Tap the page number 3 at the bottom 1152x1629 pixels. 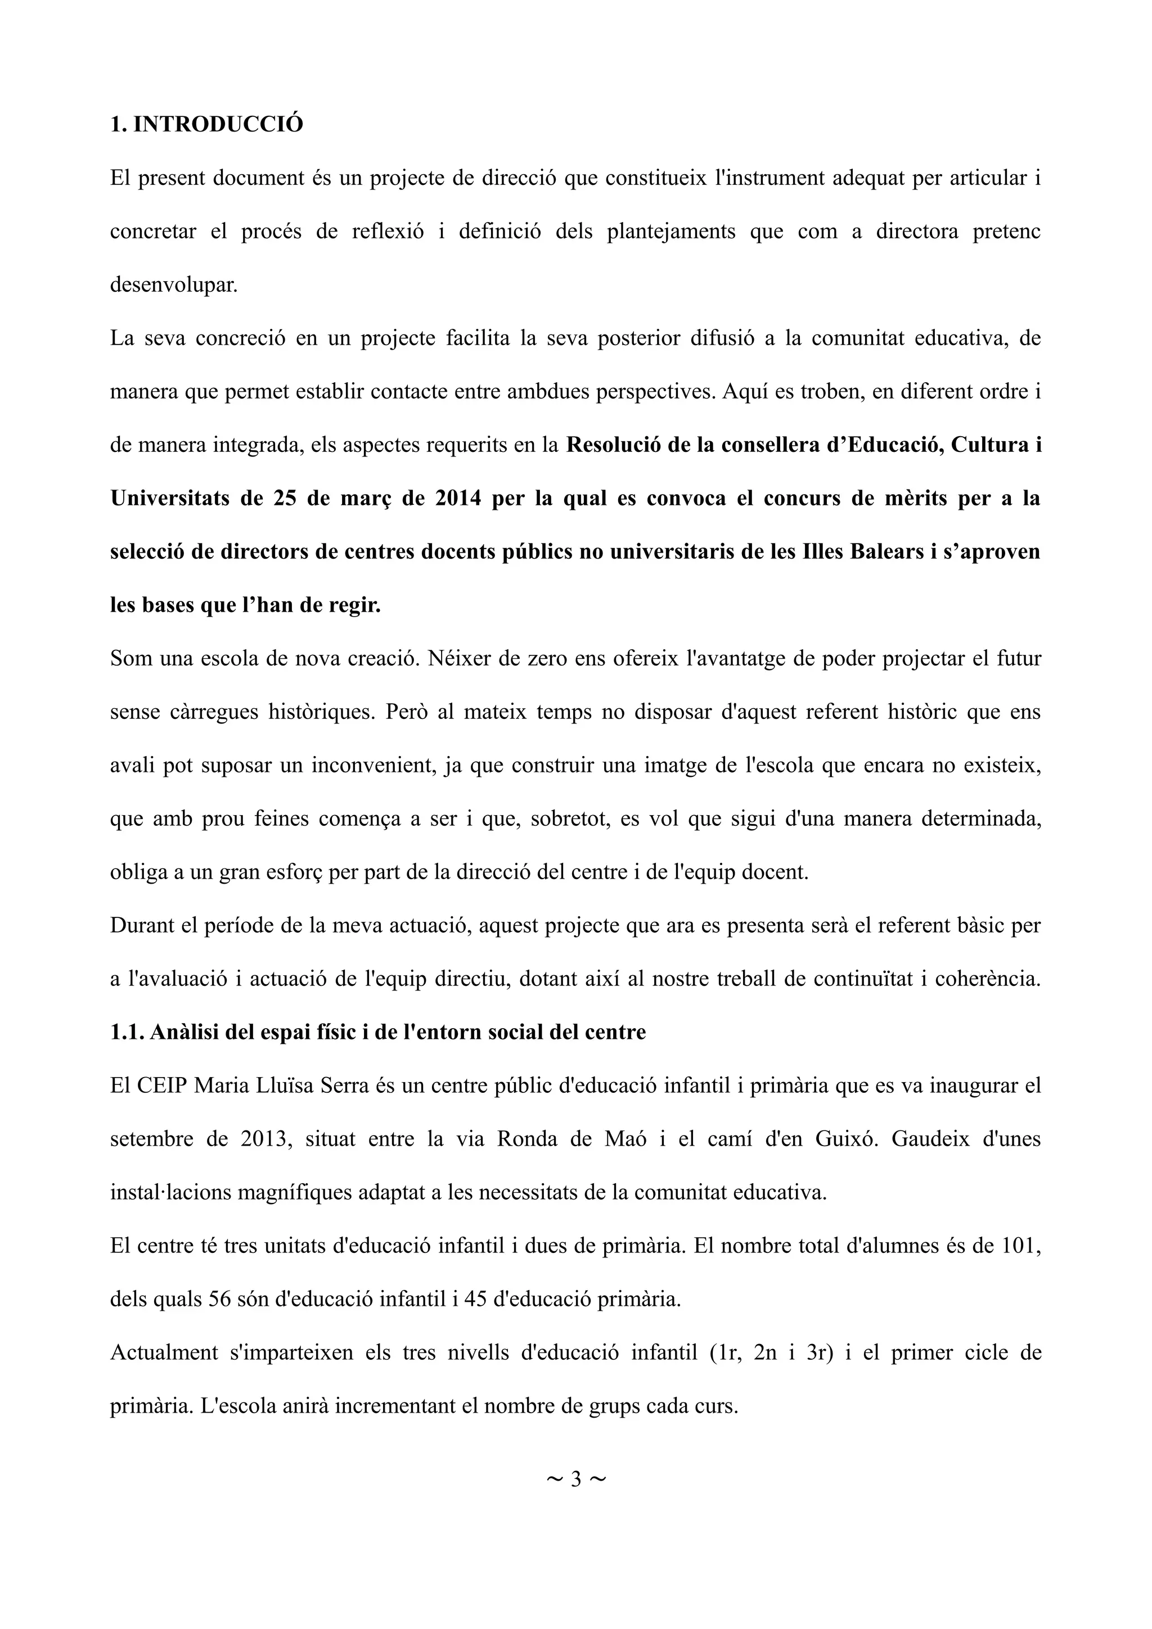(x=575, y=1479)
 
